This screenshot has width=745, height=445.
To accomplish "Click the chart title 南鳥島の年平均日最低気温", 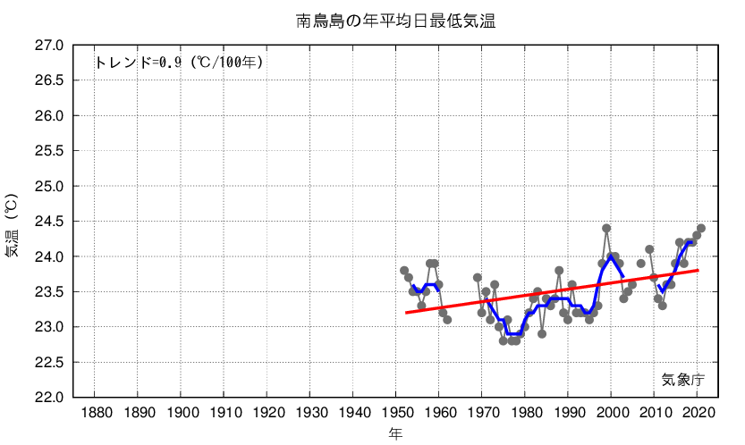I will [396, 20].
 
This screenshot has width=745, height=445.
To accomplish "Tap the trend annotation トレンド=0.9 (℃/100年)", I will [179, 63].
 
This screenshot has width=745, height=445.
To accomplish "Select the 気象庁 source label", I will [683, 379].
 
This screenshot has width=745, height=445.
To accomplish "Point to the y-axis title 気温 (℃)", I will [12, 225].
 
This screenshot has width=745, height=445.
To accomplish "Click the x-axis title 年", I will [395, 433].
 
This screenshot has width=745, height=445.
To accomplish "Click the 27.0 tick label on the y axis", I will [48, 46].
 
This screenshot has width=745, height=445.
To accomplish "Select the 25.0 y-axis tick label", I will [48, 186].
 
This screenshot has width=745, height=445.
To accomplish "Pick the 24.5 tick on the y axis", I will [48, 222].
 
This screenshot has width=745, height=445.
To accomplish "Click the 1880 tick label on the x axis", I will [95, 412].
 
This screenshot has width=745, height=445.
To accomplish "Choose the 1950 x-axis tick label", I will [395, 412].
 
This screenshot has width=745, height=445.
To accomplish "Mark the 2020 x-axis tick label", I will [697, 412].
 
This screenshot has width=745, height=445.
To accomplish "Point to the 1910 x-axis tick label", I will [224, 412].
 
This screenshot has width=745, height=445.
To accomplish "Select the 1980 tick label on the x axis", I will [524, 412].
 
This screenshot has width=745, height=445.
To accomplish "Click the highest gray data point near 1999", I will [606, 229].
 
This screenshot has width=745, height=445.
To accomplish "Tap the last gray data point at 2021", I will [701, 229].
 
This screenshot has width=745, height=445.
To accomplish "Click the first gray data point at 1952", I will [404, 271].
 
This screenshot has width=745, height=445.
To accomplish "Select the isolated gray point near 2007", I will [640, 264].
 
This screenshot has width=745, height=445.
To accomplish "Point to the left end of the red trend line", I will [406, 313].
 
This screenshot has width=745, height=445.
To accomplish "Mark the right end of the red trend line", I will [698, 270].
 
